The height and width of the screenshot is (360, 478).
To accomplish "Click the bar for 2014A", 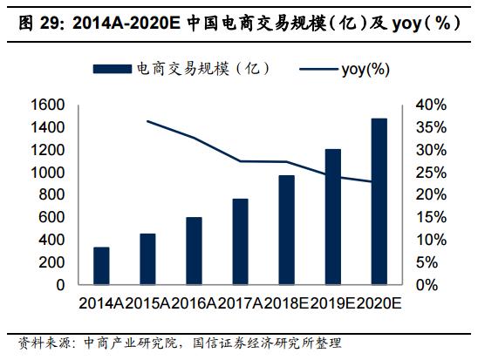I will (101, 266).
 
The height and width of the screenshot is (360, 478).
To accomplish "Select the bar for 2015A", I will (148, 259).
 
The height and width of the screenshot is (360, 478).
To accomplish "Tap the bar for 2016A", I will (195, 251).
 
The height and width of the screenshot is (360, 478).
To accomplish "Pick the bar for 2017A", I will (241, 241).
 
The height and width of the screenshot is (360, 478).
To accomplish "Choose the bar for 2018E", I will (287, 230).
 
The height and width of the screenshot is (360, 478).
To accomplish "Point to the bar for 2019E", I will (333, 217).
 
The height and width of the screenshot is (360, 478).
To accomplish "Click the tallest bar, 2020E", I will (379, 201).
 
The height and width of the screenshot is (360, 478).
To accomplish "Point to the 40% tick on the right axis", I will (431, 105).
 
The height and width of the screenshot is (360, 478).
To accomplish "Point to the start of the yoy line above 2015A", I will (148, 121).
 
